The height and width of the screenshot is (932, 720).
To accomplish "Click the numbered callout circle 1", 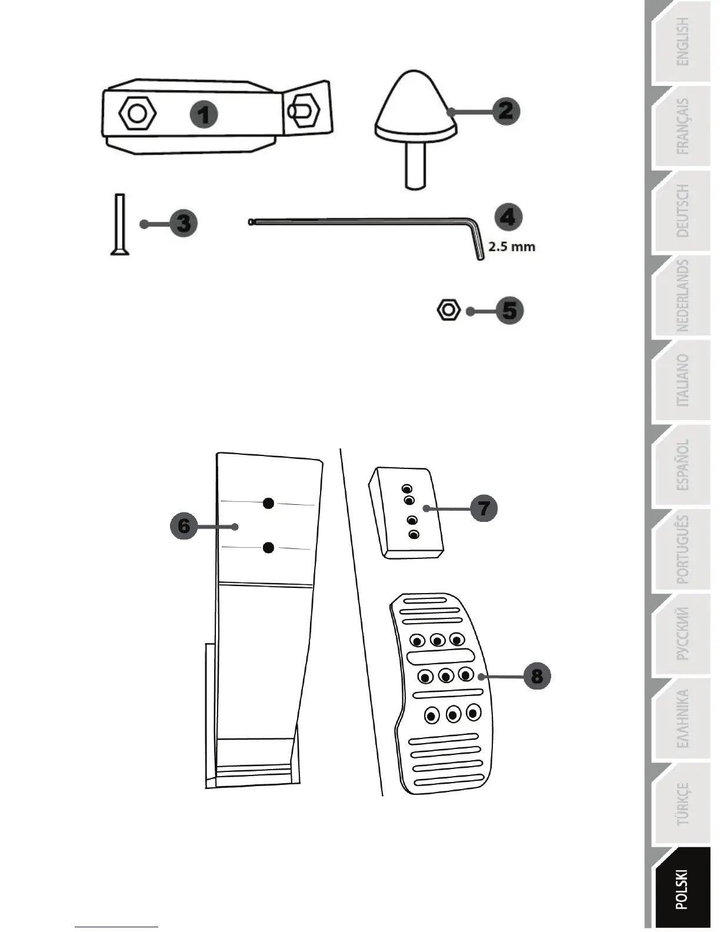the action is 204,114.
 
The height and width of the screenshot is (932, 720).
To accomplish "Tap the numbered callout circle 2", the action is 505,111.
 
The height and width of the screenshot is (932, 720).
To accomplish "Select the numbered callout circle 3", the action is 183,224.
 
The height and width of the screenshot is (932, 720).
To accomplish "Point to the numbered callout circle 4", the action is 508,217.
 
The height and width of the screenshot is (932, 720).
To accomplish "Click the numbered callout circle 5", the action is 509,311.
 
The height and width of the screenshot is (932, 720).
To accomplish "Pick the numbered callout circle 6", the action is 184,525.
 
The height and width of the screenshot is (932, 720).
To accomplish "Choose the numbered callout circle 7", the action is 484,508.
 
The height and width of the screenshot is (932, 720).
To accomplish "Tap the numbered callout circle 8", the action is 536,675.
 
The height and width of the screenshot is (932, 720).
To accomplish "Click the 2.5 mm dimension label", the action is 512,247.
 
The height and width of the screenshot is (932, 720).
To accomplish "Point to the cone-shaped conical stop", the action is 415,106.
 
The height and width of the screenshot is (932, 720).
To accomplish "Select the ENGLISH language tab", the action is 682,42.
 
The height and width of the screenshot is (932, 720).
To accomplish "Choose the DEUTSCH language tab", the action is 682,211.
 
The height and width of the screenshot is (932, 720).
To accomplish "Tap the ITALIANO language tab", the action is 682,381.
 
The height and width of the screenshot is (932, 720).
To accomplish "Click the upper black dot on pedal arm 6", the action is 268,502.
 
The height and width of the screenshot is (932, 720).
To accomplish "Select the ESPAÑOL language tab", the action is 682,465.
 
